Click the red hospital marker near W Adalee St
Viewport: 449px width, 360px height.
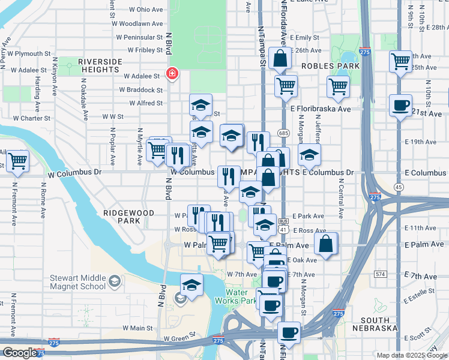pyautogui.click(x=172, y=73)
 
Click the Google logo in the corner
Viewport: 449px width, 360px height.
pyautogui.click(x=19, y=353)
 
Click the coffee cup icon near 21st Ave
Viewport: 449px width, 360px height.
pyautogui.click(x=400, y=106)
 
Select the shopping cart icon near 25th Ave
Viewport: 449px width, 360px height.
pyautogui.click(x=400, y=61)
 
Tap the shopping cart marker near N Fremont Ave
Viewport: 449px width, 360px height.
pyautogui.click(x=18, y=161)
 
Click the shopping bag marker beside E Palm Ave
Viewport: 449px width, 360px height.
pyautogui.click(x=325, y=244)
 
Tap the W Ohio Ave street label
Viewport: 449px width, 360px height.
pyautogui.click(x=141, y=10)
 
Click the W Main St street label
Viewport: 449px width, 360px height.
pyautogui.click(x=138, y=328)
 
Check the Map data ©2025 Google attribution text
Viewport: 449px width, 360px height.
pyautogui.click(x=411, y=355)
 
